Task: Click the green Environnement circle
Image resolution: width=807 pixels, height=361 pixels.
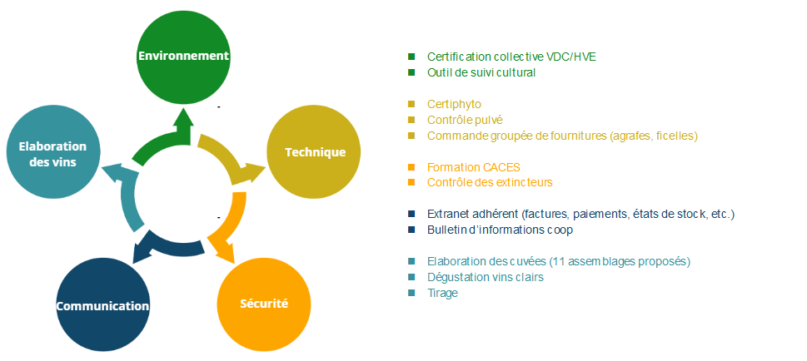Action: pyautogui.click(x=182, y=56)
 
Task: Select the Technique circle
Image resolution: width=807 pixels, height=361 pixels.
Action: pyautogui.click(x=315, y=152)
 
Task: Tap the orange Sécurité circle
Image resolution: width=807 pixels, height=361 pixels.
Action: pyautogui.click(x=264, y=303)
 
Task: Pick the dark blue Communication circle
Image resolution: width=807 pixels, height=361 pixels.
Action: pyautogui.click(x=102, y=306)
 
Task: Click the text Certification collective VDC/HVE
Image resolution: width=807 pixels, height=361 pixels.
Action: pyautogui.click(x=511, y=57)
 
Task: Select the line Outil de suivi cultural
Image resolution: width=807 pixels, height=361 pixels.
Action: pyautogui.click(x=481, y=72)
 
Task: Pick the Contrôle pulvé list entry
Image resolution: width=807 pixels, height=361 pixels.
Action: pyautogui.click(x=465, y=120)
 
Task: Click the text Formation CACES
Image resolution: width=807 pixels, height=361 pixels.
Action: pyautogui.click(x=473, y=166)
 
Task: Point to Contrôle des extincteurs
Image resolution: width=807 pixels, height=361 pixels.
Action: pyautogui.click(x=490, y=182)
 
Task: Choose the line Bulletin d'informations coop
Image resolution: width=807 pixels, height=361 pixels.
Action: pyautogui.click(x=500, y=230)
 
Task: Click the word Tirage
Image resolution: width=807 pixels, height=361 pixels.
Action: pyautogui.click(x=442, y=293)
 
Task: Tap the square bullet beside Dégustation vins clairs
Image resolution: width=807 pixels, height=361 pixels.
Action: pyautogui.click(x=411, y=277)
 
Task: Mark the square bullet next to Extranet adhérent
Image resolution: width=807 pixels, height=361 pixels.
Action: pyautogui.click(x=411, y=214)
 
